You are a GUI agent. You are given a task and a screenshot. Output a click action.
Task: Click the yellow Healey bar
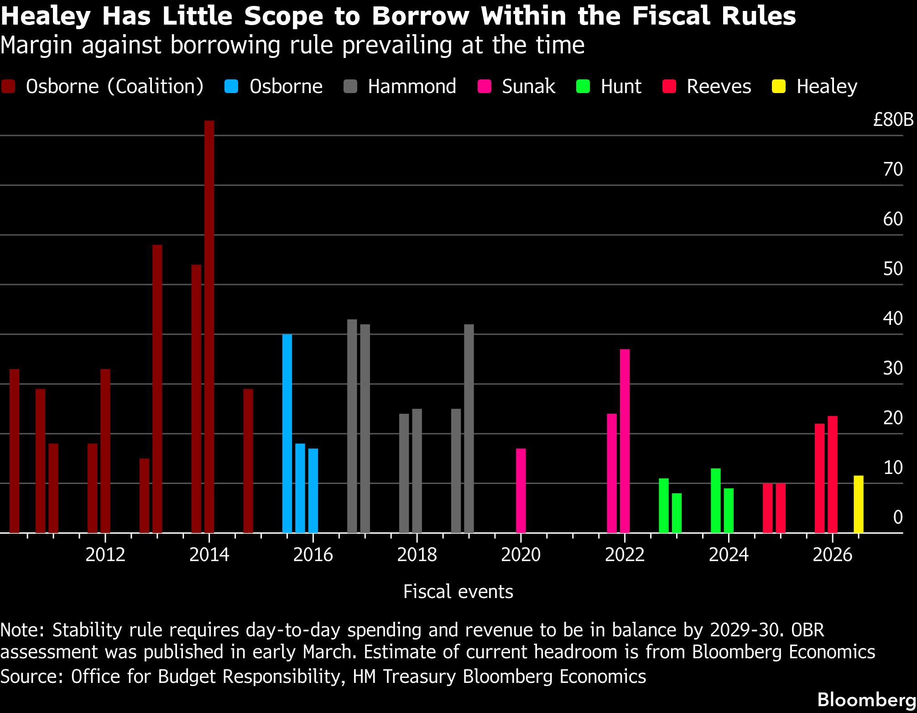tap(858, 504)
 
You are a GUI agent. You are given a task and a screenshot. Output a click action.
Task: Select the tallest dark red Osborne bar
tap(209, 327)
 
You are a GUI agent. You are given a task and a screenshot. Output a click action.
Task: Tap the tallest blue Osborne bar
tap(287, 433)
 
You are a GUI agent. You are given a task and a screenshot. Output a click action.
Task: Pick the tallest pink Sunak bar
tap(625, 441)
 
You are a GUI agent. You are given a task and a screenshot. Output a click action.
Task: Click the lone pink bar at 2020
tap(521, 491)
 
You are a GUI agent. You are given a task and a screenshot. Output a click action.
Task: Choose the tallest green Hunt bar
tap(715, 501)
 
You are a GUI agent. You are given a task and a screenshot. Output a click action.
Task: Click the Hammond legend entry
tap(400, 86)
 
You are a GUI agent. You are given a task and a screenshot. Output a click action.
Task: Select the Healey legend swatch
tap(778, 86)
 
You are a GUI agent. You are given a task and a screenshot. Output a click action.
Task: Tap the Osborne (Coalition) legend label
tap(115, 86)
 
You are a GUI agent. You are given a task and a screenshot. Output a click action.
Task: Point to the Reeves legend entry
tap(707, 86)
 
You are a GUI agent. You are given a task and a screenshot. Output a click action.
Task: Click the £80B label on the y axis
tap(893, 120)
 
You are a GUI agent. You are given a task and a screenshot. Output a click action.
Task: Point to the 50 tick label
tap(893, 269)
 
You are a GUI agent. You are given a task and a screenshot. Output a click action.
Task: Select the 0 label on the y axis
tap(898, 517)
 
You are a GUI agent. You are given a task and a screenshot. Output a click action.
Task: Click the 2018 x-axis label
tap(417, 555)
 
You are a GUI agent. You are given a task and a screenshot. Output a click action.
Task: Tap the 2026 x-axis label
tap(833, 555)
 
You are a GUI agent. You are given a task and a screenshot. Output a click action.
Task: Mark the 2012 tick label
tap(105, 555)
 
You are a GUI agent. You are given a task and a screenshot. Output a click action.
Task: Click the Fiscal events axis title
tap(458, 592)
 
